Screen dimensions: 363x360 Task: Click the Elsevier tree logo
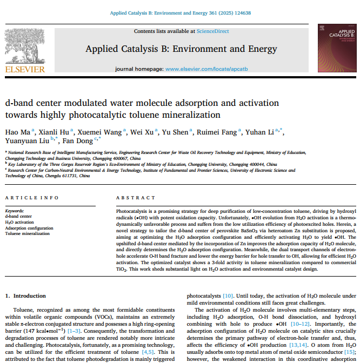(25, 47)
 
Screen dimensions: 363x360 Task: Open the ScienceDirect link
(213, 32)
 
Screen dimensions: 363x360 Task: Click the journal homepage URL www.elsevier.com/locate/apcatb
(206, 69)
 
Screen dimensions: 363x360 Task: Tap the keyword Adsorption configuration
(29, 228)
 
